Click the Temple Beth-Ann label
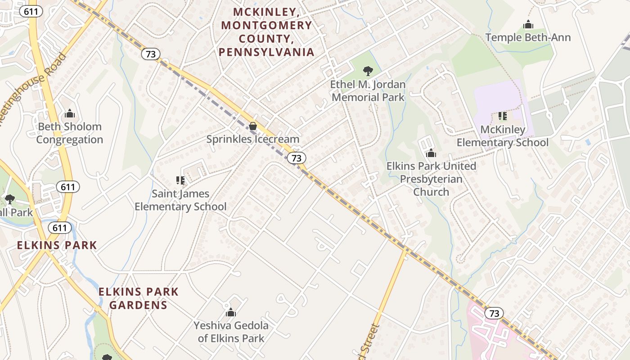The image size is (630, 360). coord(527,37)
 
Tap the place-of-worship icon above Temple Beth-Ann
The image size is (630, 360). coord(528,24)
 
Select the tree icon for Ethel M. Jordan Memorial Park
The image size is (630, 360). coord(368,71)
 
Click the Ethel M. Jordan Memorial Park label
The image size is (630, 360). coord(368,90)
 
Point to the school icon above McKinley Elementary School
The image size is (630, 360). coord(503,116)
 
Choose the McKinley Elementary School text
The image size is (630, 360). coord(503,136)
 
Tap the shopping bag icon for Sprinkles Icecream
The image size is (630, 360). coord(253,126)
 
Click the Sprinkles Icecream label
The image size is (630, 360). coord(253,139)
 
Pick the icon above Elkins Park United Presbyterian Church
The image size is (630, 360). coord(431,153)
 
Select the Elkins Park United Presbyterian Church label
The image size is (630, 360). coord(431,179)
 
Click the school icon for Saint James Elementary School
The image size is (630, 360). coord(180,180)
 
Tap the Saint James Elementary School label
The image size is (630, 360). coord(180,200)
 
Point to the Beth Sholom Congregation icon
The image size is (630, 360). coord(69,113)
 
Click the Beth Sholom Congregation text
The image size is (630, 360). coord(69,133)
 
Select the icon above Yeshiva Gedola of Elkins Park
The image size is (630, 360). coord(231,312)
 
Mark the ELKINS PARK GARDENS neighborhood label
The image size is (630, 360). coord(139,298)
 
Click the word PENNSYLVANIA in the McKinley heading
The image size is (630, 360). coord(266,52)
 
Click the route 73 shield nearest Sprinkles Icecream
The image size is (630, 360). coord(296,158)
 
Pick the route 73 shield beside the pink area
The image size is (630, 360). coord(494,313)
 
